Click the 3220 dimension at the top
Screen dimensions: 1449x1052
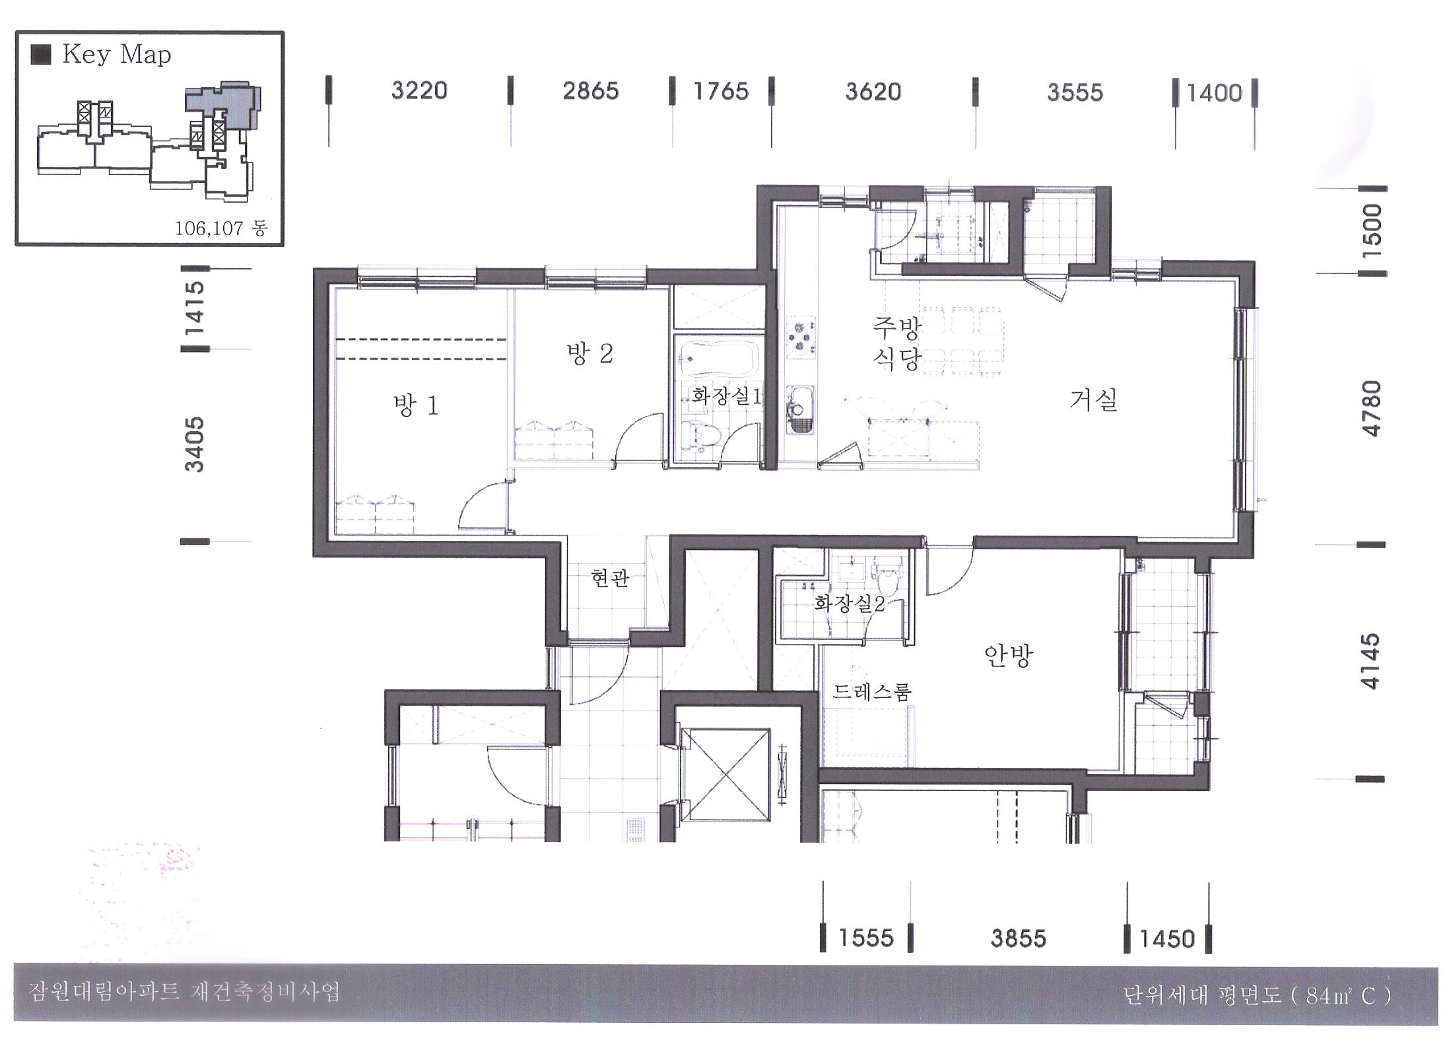pyautogui.click(x=419, y=90)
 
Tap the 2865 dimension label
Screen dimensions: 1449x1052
pyautogui.click(x=591, y=90)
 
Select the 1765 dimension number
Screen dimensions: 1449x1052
pyautogui.click(x=721, y=91)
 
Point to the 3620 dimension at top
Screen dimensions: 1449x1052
pyautogui.click(x=873, y=91)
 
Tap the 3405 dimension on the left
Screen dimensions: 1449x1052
pyautogui.click(x=195, y=444)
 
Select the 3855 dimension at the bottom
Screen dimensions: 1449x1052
pyautogui.click(x=1019, y=938)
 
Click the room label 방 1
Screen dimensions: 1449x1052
pyautogui.click(x=416, y=405)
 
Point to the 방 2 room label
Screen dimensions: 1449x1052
pyautogui.click(x=590, y=353)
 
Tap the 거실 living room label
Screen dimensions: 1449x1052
pyautogui.click(x=1093, y=400)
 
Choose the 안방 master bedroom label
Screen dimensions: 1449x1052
pyautogui.click(x=1008, y=655)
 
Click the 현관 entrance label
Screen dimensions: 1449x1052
pyautogui.click(x=610, y=579)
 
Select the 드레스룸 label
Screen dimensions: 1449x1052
pyautogui.click(x=871, y=691)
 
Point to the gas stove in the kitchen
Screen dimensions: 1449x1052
pyautogui.click(x=801, y=337)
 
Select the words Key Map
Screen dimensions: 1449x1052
pyautogui.click(x=117, y=55)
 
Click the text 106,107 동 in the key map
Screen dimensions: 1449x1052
pyautogui.click(x=220, y=228)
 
